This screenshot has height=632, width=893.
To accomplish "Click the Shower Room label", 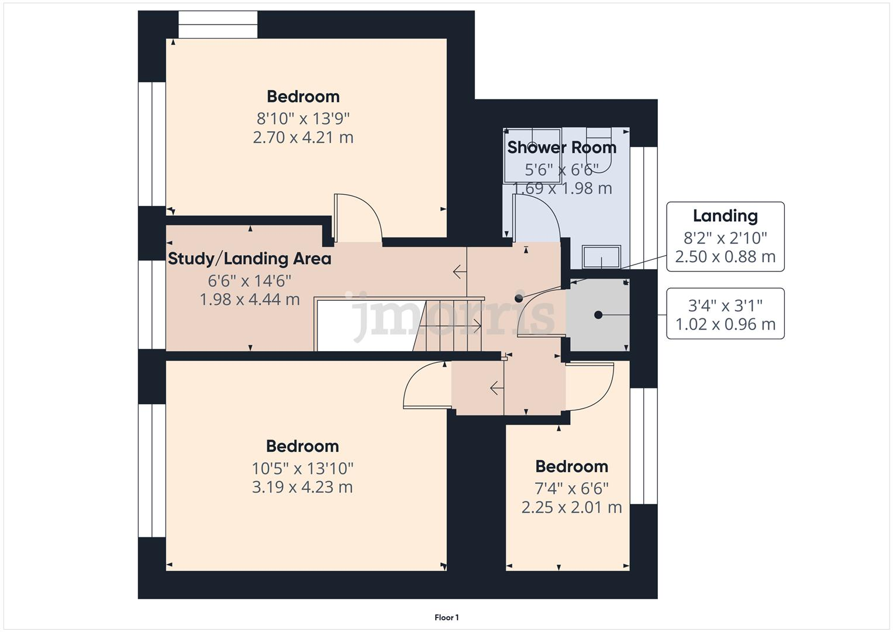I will (561, 147).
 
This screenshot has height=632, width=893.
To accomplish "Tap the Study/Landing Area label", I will (250, 259).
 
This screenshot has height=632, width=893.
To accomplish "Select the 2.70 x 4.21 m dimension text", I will (303, 138).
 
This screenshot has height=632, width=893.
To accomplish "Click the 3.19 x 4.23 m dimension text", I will (302, 487).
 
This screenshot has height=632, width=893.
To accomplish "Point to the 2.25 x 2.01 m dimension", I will (571, 507).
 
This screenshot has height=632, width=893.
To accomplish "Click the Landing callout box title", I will (725, 216).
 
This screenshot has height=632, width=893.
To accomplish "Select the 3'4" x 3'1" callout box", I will (725, 314).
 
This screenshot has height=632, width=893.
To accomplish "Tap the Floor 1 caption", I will (447, 617).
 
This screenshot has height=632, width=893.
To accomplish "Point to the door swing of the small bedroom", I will (589, 386).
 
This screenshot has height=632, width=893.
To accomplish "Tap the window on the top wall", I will (218, 25).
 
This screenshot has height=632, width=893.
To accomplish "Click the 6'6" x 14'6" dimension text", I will (250, 280).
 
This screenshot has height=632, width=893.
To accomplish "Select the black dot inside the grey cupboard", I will (598, 315).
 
